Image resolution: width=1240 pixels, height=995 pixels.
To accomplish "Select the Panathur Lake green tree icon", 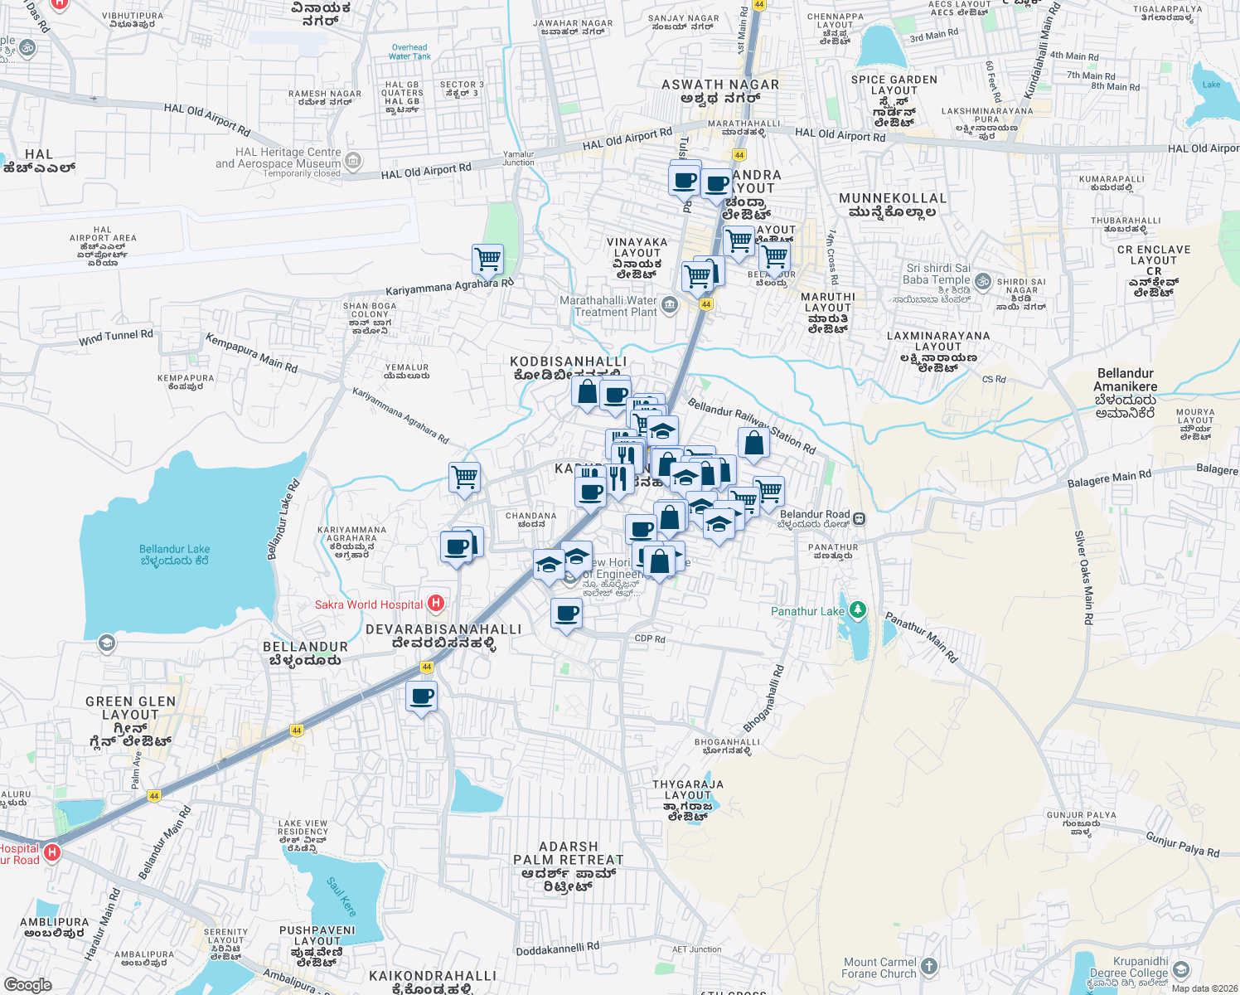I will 858,610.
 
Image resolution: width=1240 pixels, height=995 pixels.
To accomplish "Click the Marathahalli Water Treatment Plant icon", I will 670,306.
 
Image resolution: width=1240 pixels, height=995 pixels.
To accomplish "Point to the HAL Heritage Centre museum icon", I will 354,161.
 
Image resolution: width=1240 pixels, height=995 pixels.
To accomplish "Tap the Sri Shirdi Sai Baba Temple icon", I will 983,280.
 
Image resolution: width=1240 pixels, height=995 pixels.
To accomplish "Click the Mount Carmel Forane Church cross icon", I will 929,966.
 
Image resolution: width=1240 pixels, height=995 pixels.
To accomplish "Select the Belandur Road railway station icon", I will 860,519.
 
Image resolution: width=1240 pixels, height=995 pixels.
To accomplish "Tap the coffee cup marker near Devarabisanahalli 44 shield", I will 422,696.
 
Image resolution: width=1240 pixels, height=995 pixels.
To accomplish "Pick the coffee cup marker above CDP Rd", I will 567,614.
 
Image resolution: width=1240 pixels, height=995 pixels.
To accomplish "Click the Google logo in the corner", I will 28,984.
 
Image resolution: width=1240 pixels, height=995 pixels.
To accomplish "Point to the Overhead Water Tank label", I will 409,52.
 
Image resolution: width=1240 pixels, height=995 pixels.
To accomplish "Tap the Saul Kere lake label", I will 341,897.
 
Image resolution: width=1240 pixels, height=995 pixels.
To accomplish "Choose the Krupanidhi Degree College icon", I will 1181,969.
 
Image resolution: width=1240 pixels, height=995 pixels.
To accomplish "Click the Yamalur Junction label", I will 519,158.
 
